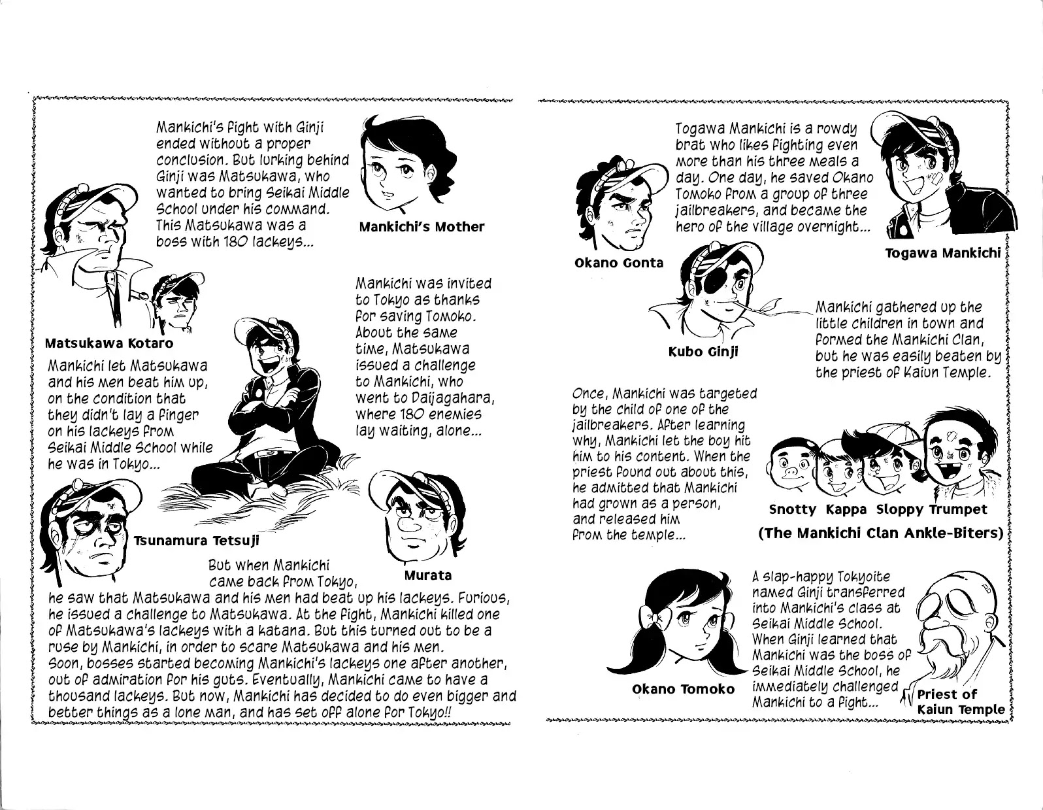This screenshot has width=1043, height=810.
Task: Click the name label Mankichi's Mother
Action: [422, 227]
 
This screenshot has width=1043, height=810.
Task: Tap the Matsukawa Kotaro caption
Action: [109, 343]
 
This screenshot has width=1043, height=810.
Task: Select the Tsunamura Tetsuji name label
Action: [197, 541]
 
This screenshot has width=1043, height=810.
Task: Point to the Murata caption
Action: [427, 575]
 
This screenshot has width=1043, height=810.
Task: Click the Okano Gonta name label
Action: [619, 263]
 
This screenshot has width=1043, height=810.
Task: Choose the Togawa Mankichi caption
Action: [942, 253]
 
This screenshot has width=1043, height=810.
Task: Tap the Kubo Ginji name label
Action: [703, 352]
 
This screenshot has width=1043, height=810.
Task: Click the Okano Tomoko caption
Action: [683, 689]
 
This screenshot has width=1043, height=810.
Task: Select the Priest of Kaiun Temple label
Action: [961, 701]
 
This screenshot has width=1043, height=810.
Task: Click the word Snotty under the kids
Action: [793, 509]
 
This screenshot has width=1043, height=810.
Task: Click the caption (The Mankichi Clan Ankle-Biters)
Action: [880, 533]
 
